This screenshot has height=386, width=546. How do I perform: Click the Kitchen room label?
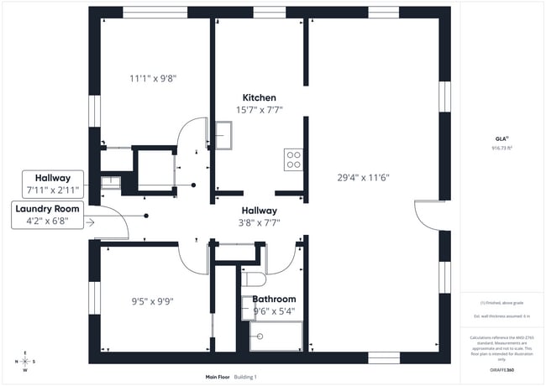tap(259, 97)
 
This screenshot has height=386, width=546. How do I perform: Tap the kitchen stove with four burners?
tap(294, 159)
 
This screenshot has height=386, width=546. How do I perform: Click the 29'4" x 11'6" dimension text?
tap(363, 177)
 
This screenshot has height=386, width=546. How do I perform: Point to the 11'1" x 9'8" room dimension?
tap(153, 78)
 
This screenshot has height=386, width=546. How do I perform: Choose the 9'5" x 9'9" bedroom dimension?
tap(152, 300)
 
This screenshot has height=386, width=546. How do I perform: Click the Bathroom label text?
tap(274, 299)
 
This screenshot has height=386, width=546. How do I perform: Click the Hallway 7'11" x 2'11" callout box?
tap(52, 182)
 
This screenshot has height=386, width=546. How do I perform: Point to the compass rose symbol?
tap(24, 362)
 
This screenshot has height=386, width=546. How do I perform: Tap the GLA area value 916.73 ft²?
tap(501, 147)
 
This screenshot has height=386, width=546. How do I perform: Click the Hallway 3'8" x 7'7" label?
tap(260, 216)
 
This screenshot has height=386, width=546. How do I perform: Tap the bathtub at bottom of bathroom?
tap(276, 338)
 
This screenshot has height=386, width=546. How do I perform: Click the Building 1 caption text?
tap(245, 377)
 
